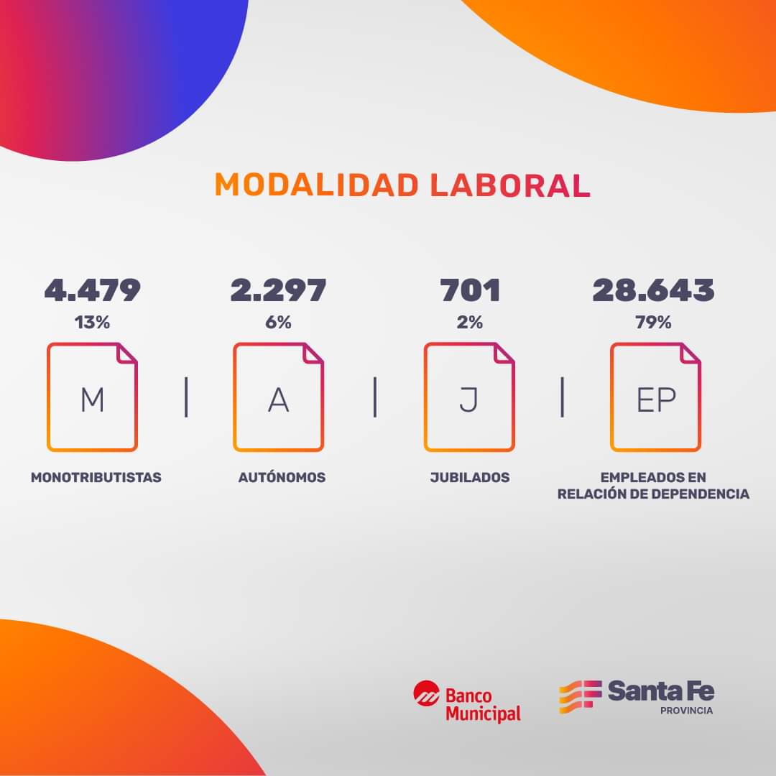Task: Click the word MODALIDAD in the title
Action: tap(316, 185)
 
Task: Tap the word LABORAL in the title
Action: tap(510, 185)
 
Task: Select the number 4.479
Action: tap(92, 290)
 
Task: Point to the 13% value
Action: tap(92, 323)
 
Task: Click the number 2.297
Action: tap(279, 290)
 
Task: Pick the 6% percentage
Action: tap(279, 323)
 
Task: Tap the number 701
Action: tap(470, 290)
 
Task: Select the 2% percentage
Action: tap(470, 323)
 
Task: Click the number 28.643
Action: tap(653, 290)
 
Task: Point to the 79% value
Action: tap(653, 323)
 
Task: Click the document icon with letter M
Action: tap(92, 397)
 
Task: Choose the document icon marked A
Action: tap(279, 397)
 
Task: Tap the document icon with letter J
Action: tap(469, 397)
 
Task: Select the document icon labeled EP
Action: tap(655, 397)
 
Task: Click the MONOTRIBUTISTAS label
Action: tap(96, 477)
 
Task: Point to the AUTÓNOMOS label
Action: tap(282, 477)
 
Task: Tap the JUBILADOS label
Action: tap(470, 477)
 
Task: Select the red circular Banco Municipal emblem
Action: tap(426, 694)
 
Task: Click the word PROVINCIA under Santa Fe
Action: tap(687, 711)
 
